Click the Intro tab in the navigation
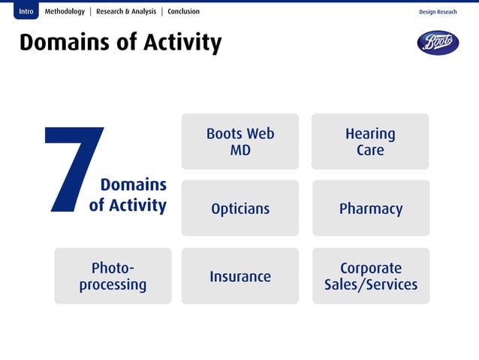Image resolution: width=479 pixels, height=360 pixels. point(26,11)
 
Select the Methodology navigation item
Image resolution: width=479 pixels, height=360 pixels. point(65,11)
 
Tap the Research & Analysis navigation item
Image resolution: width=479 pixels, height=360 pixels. point(126,11)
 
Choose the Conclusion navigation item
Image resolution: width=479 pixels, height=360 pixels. point(183,11)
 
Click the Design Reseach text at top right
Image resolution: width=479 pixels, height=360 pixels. point(438,12)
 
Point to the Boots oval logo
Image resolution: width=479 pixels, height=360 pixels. point(438,43)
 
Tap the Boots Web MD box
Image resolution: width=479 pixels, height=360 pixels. point(240,141)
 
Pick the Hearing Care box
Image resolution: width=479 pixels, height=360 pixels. point(370,141)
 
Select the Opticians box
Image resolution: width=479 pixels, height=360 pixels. point(240,208)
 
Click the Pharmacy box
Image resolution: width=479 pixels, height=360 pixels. point(371,208)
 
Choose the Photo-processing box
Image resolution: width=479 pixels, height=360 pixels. point(113,276)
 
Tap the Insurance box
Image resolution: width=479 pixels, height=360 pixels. point(240,276)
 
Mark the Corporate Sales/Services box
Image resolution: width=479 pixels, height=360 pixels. point(371,276)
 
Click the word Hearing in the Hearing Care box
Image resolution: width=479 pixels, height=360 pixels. point(370,134)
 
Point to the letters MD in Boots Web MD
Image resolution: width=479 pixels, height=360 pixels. point(240,150)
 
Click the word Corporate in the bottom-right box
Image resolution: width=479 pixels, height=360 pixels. point(371,268)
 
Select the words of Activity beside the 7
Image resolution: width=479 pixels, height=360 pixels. point(128,204)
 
